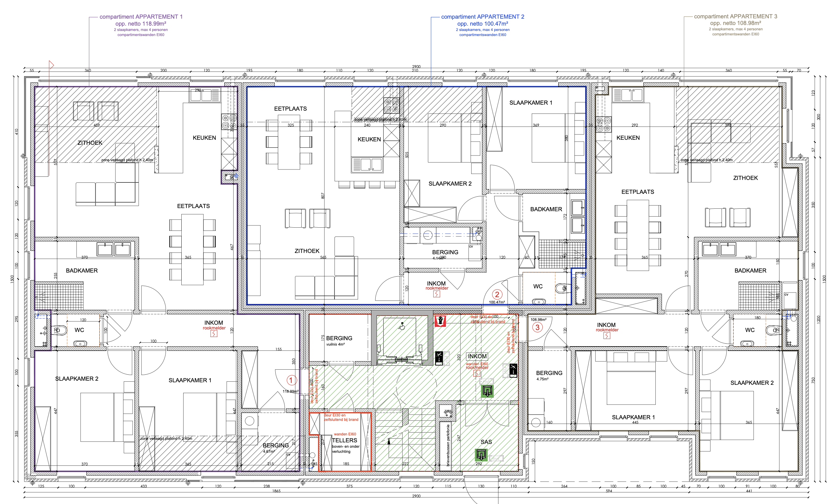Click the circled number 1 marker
(x=291, y=380)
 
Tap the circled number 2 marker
(x=497, y=294)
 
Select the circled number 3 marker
(x=537, y=327)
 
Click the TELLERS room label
(x=344, y=440)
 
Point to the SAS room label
(x=486, y=442)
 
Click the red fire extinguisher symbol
(x=440, y=321)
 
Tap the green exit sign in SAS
(x=481, y=455)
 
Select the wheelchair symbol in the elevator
(x=402, y=326)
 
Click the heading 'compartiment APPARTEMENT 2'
(x=482, y=17)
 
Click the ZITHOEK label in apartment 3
(x=745, y=178)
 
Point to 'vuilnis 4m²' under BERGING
(x=335, y=344)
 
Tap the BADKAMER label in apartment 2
(x=546, y=209)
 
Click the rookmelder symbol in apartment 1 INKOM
(x=213, y=334)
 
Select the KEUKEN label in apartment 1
(x=204, y=138)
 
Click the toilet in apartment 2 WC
(x=561, y=288)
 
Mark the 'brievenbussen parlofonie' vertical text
(x=448, y=445)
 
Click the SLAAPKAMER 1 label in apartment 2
(x=530, y=102)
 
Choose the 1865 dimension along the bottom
(x=276, y=491)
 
